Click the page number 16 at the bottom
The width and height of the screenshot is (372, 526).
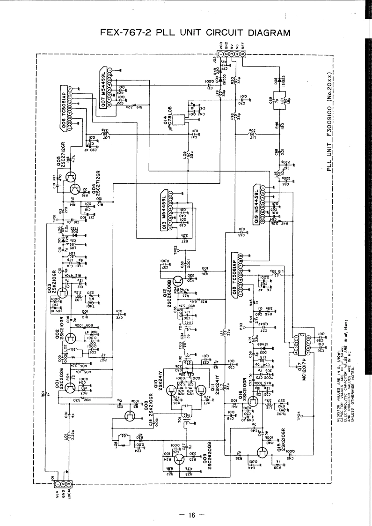click(x=190, y=515)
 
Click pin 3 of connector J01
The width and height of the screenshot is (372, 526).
click(x=69, y=483)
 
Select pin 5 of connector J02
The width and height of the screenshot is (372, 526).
click(x=243, y=54)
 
